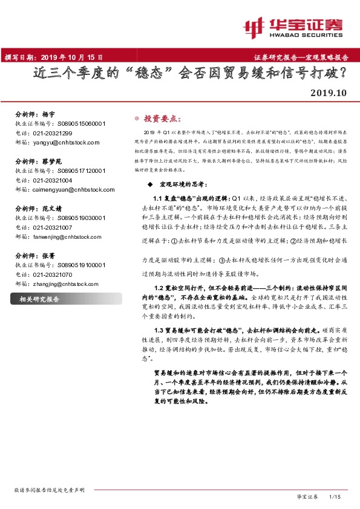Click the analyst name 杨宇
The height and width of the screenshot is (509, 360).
click(x=48, y=114)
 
